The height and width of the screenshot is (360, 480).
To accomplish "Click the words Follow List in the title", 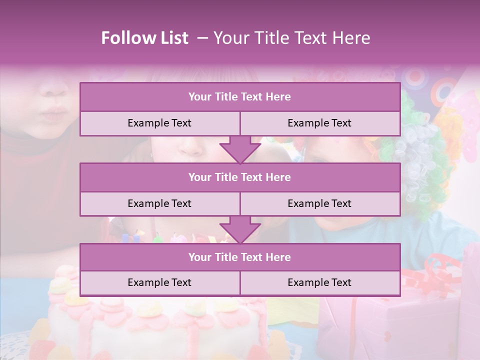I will click(145, 38).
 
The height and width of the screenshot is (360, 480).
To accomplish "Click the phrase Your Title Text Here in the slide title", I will click(292, 38).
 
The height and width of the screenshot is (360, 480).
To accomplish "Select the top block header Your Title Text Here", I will click(239, 97).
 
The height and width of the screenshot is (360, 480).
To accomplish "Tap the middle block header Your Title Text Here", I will click(239, 177).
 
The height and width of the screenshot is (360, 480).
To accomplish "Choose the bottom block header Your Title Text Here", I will click(239, 257).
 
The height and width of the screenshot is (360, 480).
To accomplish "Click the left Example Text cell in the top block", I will click(159, 123).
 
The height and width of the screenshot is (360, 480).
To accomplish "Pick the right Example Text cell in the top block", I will click(319, 123).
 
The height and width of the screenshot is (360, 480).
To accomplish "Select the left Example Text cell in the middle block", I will click(159, 203).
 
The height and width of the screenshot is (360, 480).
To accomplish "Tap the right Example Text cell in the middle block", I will click(319, 203).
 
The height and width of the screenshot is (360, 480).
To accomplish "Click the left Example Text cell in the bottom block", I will click(159, 282).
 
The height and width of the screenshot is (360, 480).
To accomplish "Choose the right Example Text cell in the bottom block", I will click(319, 282).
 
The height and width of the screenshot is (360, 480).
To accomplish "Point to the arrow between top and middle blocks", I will click(240, 149).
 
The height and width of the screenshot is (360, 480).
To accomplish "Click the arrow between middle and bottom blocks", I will click(240, 229).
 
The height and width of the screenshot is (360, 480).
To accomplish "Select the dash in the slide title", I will click(202, 38).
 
